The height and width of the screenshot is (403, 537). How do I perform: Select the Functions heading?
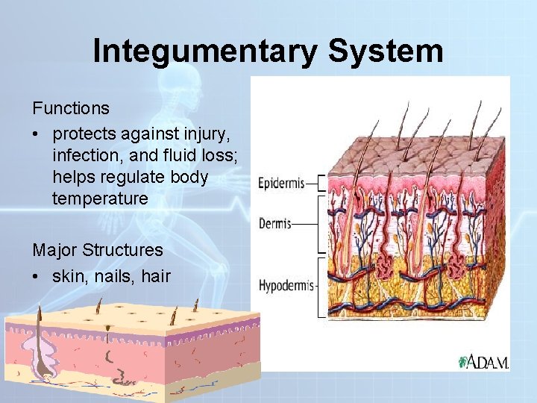pos(71,108)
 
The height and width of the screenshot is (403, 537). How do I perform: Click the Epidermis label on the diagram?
pos(281,183)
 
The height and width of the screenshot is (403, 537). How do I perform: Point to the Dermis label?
pos(274,222)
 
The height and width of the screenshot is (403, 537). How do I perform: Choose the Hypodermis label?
pos(287,285)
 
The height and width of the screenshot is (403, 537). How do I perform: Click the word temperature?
pos(100,199)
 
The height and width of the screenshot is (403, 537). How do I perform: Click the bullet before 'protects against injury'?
pos(37,134)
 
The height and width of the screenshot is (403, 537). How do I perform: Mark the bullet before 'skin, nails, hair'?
pos(37,276)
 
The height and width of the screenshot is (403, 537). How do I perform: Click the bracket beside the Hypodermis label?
pos(322,287)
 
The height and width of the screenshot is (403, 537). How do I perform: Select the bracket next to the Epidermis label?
pos(321,183)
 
